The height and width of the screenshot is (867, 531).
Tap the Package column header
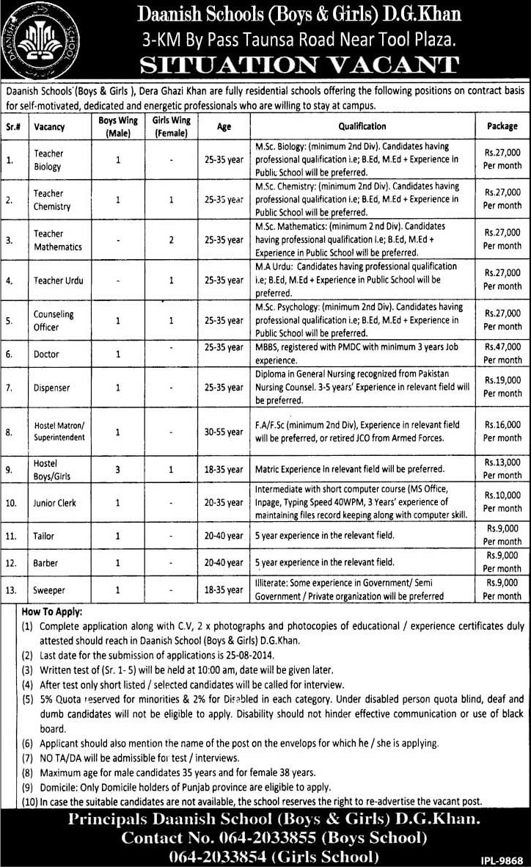pos(502,126)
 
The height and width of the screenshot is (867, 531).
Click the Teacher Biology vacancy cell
pos(48,159)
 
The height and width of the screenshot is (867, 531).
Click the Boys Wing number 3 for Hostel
pos(117,468)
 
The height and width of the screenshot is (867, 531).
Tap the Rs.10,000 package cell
pos(502,502)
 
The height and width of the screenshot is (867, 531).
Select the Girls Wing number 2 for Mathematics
pos(171,239)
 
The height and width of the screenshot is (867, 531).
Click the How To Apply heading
pos(52,611)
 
